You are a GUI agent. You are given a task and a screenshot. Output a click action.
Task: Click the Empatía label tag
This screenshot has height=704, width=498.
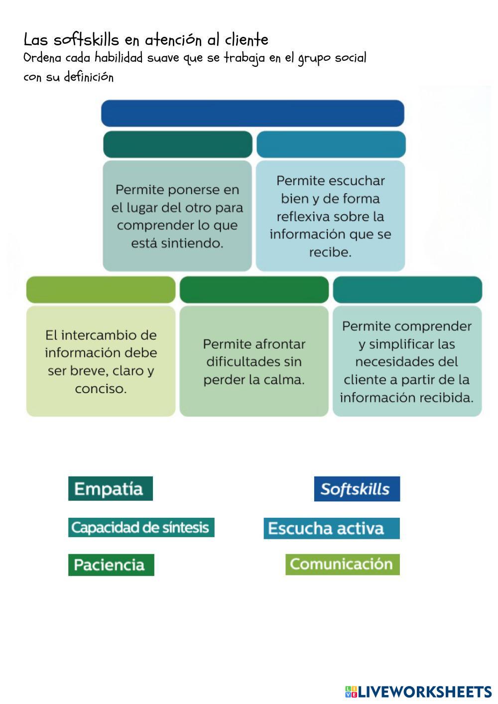point(110,488)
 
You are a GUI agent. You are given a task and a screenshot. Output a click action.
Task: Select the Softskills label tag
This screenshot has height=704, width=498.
point(357,489)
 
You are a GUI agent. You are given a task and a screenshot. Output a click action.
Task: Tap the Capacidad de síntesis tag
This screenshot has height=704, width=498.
point(141,527)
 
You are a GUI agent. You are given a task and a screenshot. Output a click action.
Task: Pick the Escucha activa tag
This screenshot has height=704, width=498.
point(331,528)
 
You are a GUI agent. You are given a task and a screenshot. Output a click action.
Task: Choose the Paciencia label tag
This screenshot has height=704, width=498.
point(111,565)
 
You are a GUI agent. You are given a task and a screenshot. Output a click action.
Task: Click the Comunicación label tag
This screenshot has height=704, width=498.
point(342,564)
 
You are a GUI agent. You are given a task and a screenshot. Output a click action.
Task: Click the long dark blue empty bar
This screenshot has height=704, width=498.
point(252,114)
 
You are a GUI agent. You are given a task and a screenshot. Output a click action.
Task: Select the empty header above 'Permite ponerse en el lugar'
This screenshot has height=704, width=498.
point(178,144)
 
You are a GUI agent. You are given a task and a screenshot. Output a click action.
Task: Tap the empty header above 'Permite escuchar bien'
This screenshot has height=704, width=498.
point(331,144)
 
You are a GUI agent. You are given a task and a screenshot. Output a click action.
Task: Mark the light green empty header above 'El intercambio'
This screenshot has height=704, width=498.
point(101,290)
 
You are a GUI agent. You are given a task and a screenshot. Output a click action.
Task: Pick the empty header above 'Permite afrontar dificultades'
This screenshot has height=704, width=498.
point(254,290)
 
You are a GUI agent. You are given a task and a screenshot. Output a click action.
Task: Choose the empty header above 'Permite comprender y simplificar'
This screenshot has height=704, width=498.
point(407,290)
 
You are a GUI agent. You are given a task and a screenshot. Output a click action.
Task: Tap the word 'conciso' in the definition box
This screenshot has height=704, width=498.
point(100,388)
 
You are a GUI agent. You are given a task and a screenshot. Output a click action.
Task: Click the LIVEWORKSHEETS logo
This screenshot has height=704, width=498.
point(418,692)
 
